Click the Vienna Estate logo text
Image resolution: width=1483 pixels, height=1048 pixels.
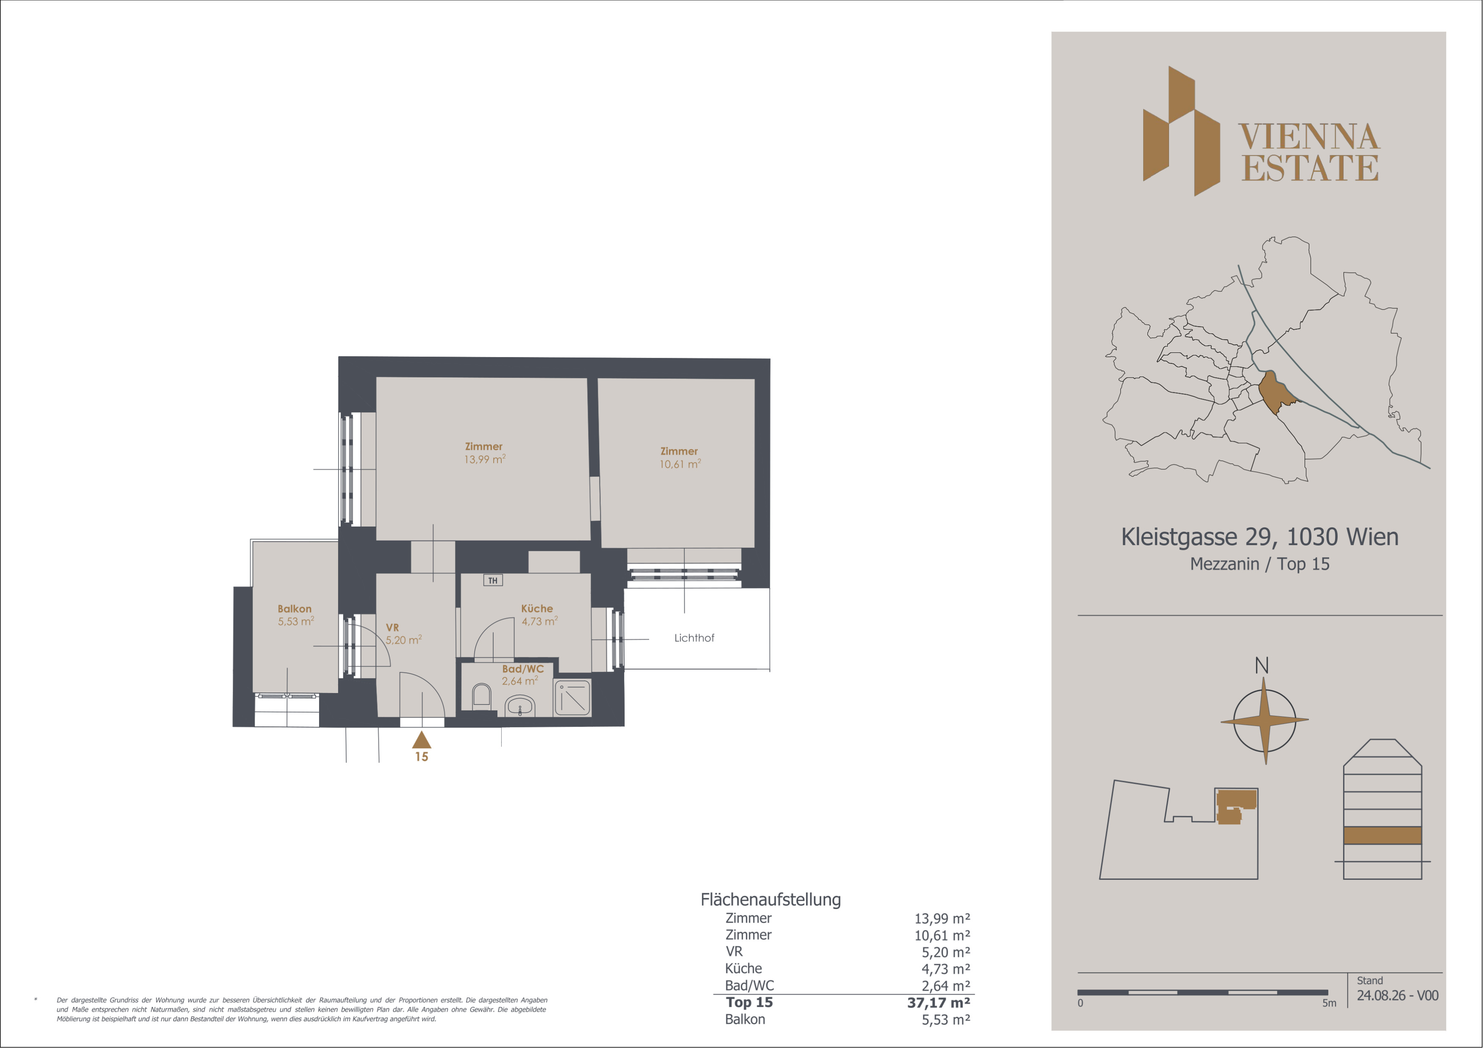coord(1309,152)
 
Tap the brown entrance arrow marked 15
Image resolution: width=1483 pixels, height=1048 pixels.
coord(421,740)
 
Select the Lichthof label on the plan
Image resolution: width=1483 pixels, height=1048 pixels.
coord(694,638)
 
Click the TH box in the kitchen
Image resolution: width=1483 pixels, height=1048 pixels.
coord(493,580)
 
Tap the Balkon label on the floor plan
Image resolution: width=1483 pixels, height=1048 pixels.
coord(294,609)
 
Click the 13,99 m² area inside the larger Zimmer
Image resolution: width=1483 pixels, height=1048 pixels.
coord(484,460)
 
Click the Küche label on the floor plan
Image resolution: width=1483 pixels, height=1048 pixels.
coord(537,608)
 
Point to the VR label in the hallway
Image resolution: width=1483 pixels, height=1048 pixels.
coord(392,628)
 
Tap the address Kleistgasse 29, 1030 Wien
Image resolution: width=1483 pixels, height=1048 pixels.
coord(1260,537)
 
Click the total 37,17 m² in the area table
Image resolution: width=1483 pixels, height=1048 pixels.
coord(939,1003)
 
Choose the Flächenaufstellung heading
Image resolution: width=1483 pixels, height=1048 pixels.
coord(771,899)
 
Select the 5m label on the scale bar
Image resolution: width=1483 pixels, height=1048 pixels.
coord(1329,1003)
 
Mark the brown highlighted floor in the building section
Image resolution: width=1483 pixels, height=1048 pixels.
coord(1382,835)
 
